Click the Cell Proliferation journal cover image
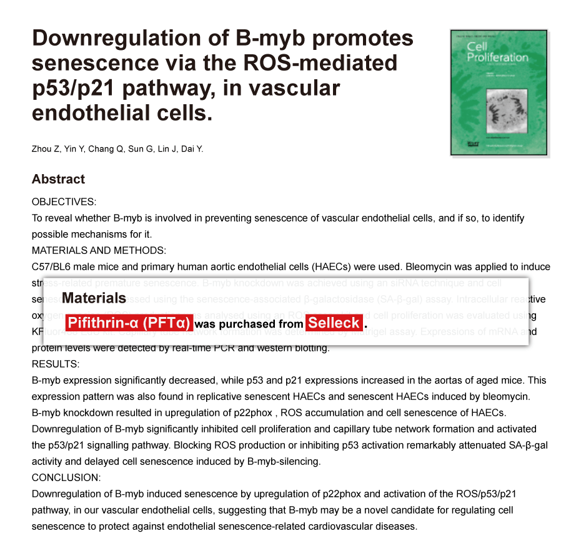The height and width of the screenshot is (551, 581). click(499, 92)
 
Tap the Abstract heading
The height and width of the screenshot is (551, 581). click(58, 179)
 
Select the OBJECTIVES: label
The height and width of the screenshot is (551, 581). click(64, 202)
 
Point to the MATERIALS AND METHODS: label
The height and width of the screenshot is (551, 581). click(99, 251)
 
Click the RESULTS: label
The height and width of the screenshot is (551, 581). click(56, 364)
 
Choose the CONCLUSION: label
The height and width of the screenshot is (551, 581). click(66, 477)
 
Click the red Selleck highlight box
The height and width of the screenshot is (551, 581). click(334, 323)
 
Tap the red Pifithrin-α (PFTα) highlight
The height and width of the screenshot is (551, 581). click(128, 323)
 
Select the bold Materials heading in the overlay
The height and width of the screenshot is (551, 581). click(94, 298)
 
